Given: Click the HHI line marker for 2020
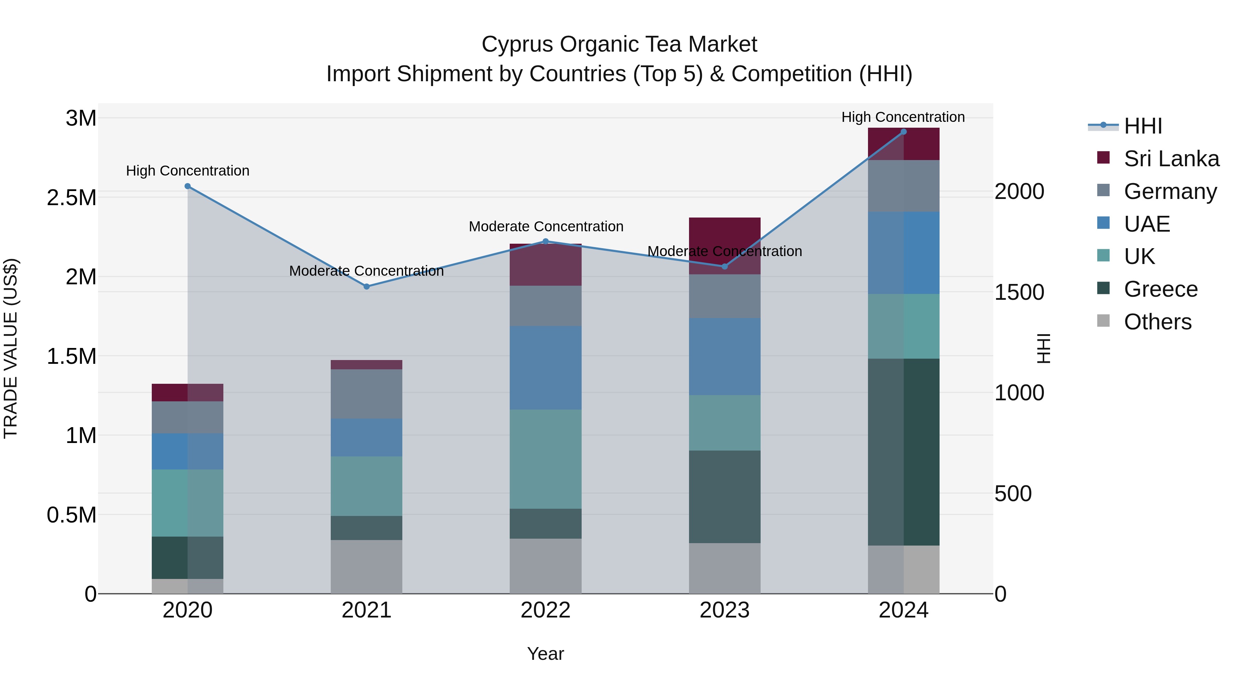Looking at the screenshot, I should click(188, 186).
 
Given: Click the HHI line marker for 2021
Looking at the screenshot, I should click(367, 286).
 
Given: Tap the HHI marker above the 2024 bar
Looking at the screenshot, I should click(903, 132).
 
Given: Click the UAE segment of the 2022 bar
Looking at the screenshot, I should click(546, 368).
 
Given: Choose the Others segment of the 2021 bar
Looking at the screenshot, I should click(367, 566).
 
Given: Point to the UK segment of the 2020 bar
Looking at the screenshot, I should click(188, 503).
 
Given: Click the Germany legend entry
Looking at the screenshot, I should click(1170, 191).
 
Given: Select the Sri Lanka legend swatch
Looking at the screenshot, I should click(1103, 158).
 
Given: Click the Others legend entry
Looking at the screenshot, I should click(1157, 322).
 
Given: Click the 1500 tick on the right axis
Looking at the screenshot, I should click(1019, 292).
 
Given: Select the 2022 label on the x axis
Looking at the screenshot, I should click(546, 610).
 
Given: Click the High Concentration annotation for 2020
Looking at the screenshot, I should click(188, 171).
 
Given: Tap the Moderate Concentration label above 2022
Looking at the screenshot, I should click(546, 226).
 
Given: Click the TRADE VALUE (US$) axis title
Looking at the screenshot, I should click(11, 348).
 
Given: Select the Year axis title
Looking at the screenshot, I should click(546, 654).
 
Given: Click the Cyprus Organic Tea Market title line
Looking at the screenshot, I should click(619, 44).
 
